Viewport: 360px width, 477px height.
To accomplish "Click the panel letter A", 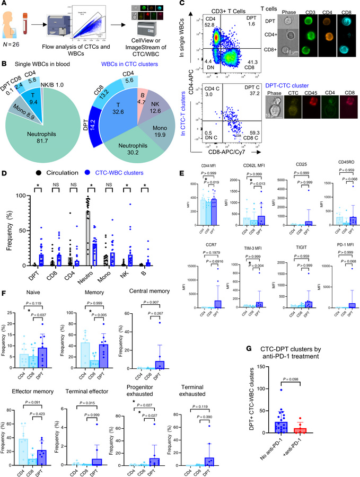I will (x=5, y=5).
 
